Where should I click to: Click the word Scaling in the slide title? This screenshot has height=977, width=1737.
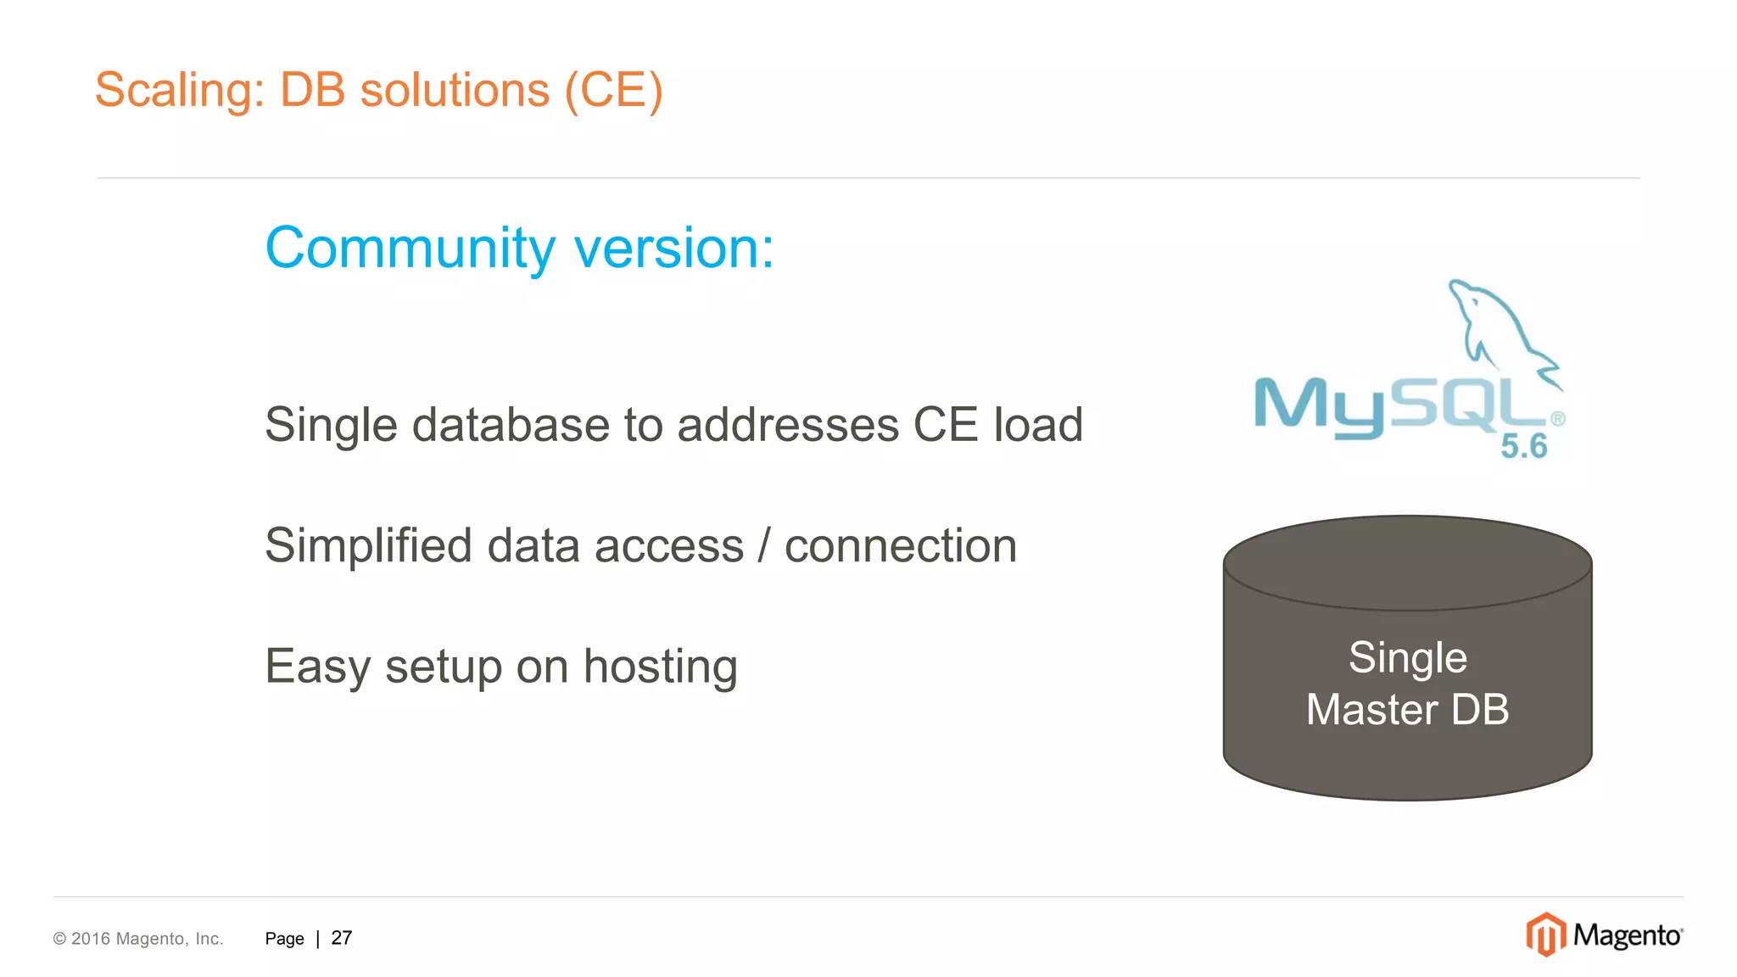click(174, 90)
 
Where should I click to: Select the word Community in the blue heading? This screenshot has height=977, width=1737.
click(411, 248)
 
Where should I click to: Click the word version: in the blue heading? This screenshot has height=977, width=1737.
click(674, 248)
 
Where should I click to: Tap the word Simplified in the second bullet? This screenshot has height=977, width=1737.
click(368, 545)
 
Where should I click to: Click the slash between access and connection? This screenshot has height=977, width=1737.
click(764, 545)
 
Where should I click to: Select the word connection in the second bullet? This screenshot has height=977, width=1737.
click(901, 545)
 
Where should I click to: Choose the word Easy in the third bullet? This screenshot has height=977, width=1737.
click(318, 667)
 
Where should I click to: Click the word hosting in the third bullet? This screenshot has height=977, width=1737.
click(660, 667)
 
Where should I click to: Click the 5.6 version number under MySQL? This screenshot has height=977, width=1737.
click(1523, 446)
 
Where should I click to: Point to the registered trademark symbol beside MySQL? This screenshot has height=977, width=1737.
click(1558, 419)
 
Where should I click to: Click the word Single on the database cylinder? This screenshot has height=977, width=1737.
click(1408, 657)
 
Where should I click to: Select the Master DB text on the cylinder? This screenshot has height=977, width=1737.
click(1408, 709)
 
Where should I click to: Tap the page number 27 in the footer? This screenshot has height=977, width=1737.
click(342, 938)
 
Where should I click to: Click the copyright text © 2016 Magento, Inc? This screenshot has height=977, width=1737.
click(138, 939)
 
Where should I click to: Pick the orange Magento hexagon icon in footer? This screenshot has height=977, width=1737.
click(1545, 935)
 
